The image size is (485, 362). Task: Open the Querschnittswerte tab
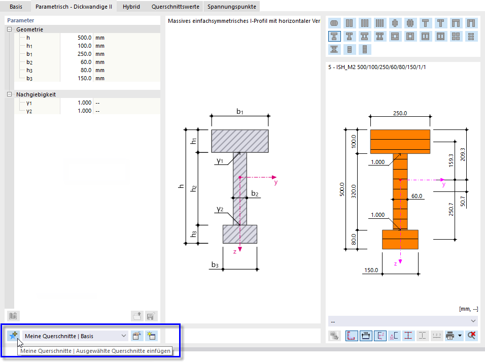click(x=176, y=7)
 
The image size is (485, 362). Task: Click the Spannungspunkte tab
click(x=232, y=7)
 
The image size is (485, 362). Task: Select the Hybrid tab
click(x=131, y=7)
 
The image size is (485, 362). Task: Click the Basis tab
click(x=16, y=7)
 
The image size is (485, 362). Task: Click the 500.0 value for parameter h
click(x=84, y=38)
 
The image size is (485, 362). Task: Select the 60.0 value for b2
click(x=86, y=62)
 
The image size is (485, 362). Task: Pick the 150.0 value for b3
click(x=84, y=78)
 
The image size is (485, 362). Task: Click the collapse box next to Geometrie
click(x=9, y=29)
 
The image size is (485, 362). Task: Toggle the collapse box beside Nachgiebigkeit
click(x=9, y=94)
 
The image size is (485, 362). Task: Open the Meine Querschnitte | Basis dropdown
click(x=75, y=336)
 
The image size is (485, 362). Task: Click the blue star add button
click(x=13, y=336)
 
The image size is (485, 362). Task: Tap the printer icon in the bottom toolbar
click(x=450, y=336)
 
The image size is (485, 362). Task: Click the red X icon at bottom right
click(x=472, y=336)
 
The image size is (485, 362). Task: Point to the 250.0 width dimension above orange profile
click(x=400, y=113)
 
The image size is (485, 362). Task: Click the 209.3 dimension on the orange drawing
click(x=463, y=154)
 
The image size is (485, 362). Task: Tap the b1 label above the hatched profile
click(x=240, y=112)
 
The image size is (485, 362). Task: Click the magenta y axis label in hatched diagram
click(x=276, y=182)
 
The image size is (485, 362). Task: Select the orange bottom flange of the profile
click(x=400, y=239)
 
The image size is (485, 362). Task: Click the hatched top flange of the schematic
click(x=240, y=141)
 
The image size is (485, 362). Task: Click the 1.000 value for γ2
click(x=84, y=111)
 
